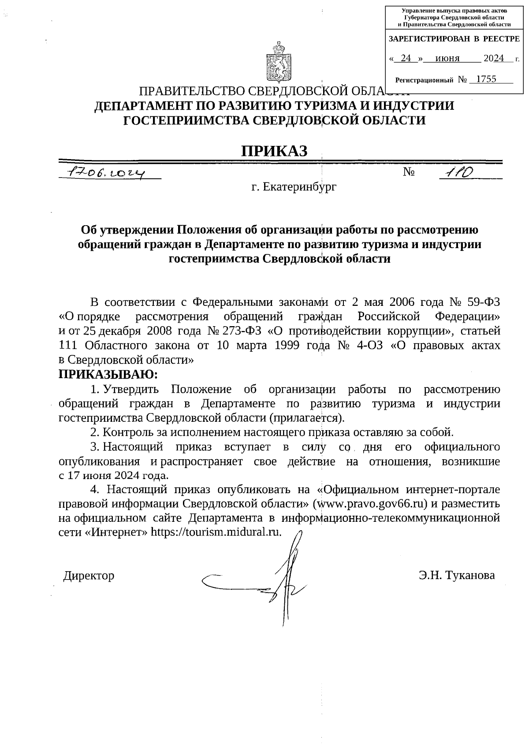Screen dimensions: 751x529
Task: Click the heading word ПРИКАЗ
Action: click(x=273, y=151)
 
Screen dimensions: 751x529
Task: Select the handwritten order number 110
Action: click(x=458, y=172)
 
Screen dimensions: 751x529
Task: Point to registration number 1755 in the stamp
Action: click(x=486, y=79)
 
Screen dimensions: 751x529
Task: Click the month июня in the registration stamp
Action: click(x=447, y=58)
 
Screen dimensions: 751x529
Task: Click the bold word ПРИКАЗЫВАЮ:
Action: click(x=108, y=375)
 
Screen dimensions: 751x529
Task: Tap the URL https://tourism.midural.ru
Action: click(x=216, y=532)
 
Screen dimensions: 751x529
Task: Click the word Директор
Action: click(x=89, y=576)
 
